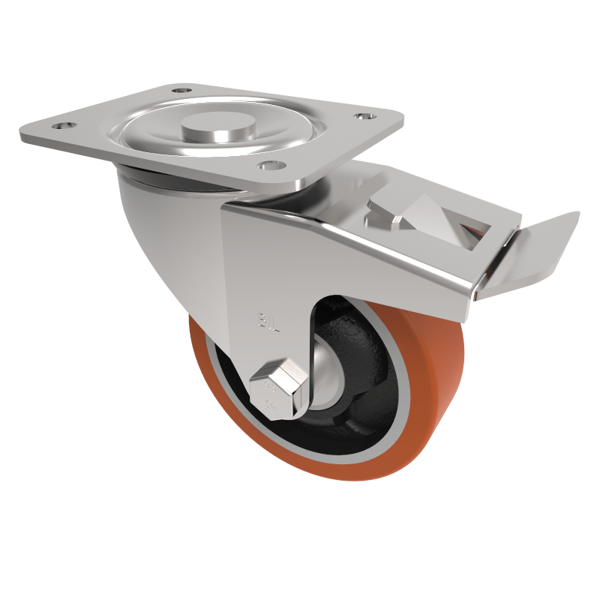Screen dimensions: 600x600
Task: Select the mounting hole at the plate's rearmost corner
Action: [x=180, y=91]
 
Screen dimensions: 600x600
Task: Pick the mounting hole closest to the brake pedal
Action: [x=364, y=118]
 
